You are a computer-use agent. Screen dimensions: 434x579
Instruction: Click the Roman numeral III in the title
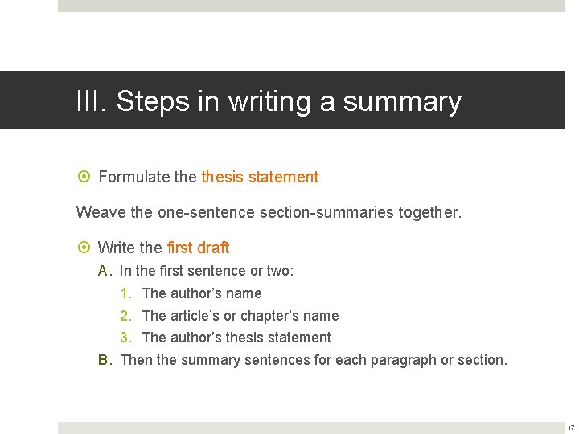pos(90,102)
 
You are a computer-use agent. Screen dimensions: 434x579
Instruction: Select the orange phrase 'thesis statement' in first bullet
pos(260,177)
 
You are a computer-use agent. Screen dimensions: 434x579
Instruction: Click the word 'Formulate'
pos(133,177)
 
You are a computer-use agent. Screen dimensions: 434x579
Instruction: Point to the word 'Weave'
pos(96,212)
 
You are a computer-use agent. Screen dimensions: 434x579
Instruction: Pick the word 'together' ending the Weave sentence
pos(431,212)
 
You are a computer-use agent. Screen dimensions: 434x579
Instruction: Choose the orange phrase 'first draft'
pos(198,248)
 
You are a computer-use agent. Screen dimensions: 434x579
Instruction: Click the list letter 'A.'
pos(105,272)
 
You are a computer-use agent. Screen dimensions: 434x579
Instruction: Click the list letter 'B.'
pos(105,360)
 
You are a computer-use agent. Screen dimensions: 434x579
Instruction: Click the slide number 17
pos(571,427)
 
